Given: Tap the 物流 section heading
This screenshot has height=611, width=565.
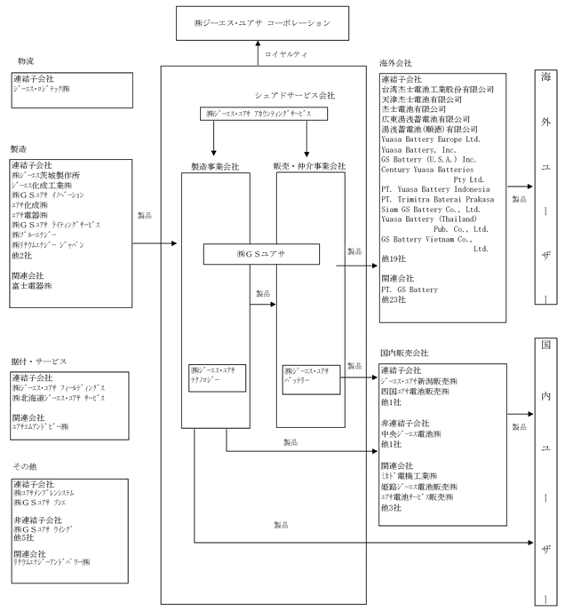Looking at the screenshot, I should click(x=26, y=61).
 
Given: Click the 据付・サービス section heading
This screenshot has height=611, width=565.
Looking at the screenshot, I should click(x=40, y=361).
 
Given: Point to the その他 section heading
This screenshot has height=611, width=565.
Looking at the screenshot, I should click(x=26, y=465).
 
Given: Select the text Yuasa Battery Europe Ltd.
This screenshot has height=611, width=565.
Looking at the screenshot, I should click(x=430, y=139).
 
